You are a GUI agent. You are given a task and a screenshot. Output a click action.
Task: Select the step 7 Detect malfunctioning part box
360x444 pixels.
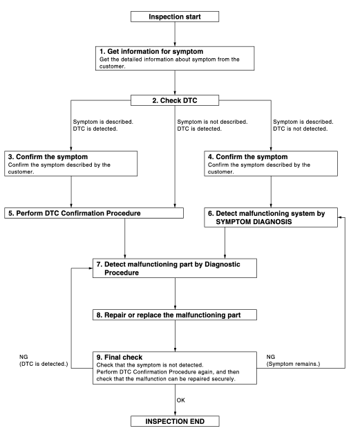coord(178,268)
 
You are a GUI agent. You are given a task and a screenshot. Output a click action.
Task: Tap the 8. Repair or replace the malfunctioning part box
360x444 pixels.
coord(178,315)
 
